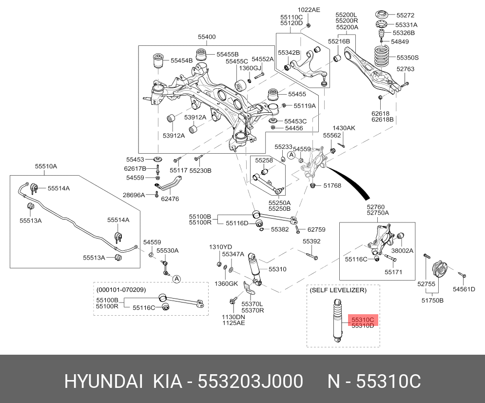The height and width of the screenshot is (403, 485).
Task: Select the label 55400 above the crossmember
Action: (207, 37)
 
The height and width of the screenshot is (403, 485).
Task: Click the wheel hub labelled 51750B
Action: (441, 271)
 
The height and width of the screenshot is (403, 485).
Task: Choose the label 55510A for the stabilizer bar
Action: (46, 166)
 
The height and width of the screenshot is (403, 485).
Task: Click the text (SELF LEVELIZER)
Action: (338, 290)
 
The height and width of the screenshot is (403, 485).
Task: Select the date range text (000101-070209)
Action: (121, 289)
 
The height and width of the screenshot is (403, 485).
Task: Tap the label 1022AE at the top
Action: (309, 10)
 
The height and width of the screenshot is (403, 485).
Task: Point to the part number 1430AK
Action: (344, 128)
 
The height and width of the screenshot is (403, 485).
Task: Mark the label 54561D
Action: (464, 289)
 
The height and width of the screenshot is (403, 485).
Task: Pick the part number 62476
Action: (170, 199)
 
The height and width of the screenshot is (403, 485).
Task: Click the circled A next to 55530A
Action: (176, 279)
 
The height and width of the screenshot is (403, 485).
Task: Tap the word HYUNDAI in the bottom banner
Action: (103, 382)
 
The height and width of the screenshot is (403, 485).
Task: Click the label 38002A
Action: (403, 250)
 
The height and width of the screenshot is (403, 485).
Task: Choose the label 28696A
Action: (134, 195)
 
